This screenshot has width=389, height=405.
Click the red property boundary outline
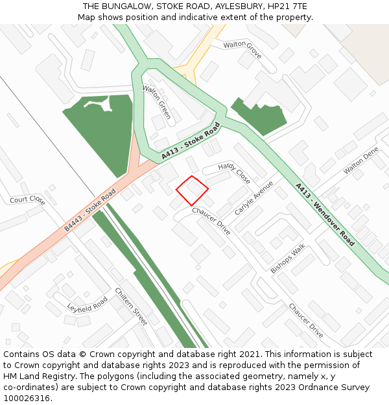(192, 191)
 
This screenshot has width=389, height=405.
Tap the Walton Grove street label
(242, 49)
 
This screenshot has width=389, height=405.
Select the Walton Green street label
(156, 102)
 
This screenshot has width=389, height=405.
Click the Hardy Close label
(234, 173)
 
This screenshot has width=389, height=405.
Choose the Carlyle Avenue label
(254, 198)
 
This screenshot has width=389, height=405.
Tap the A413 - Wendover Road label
(325, 214)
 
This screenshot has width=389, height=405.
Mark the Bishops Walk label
(287, 259)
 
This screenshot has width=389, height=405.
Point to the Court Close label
(27, 200)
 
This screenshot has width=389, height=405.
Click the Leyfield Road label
(88, 305)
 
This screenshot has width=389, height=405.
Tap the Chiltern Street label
(131, 306)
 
